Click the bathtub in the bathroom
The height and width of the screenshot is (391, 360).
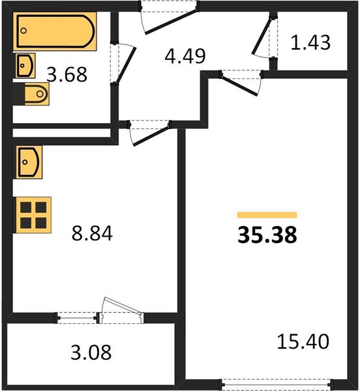coord(55,31)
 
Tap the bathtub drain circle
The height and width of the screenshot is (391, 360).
coord(23,31)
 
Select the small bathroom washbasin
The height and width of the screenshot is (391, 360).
coord(25,66)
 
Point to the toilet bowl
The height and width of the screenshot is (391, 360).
coord(37,94)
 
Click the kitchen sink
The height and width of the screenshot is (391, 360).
coord(29,162)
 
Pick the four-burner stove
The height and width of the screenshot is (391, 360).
coord(33,215)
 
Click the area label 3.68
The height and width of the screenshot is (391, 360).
coord(67,74)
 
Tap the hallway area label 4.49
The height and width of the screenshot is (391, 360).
coord(185,56)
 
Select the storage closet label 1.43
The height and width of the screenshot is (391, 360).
coord(310,42)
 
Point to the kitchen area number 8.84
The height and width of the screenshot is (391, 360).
coord(92,233)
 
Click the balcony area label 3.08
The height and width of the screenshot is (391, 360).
coord(91,352)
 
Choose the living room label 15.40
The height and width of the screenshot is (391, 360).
coord(303,341)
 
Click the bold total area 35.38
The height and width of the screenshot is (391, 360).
coord(267,235)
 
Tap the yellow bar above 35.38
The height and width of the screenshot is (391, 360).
coord(267,215)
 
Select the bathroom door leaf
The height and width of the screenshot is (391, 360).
coord(126,65)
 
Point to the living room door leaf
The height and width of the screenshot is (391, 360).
coord(239,86)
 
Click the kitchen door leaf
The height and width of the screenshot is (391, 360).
coord(152,136)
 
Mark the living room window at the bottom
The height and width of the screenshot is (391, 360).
coord(277,384)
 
